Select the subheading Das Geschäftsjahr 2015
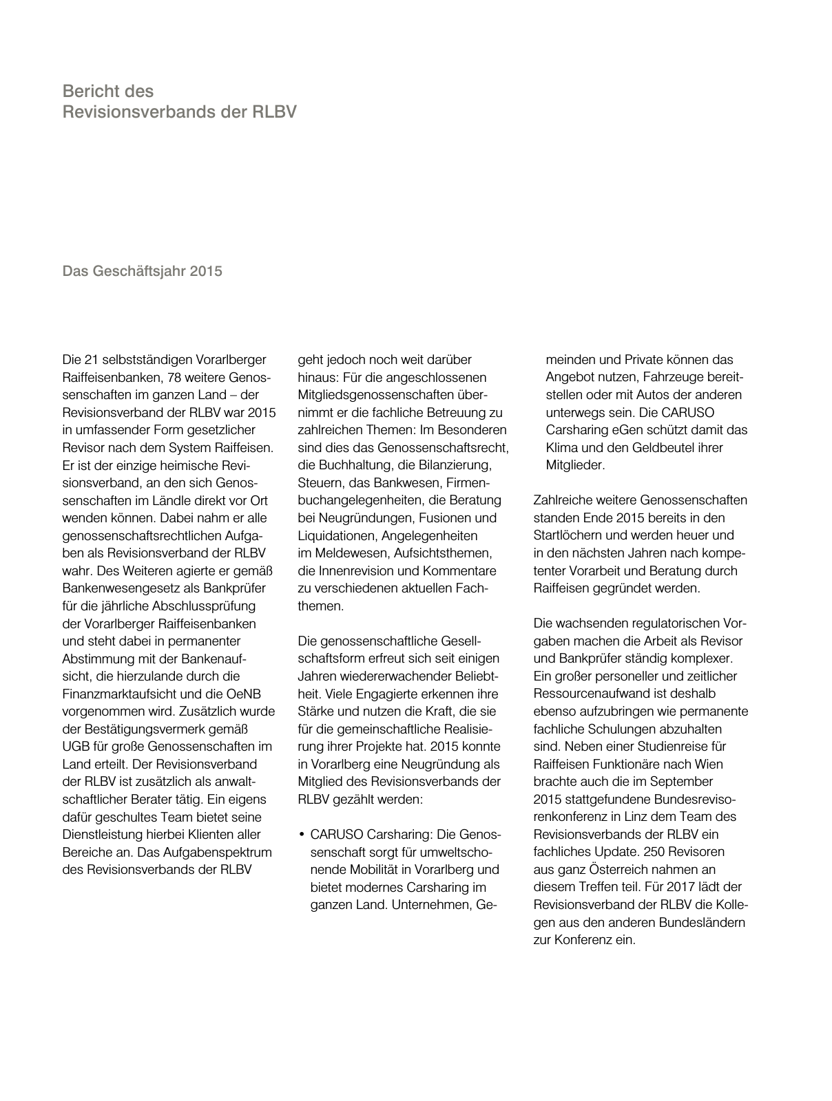(x=143, y=271)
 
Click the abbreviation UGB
(x=76, y=747)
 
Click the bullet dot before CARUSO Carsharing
(x=302, y=835)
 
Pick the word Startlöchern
(x=569, y=535)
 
